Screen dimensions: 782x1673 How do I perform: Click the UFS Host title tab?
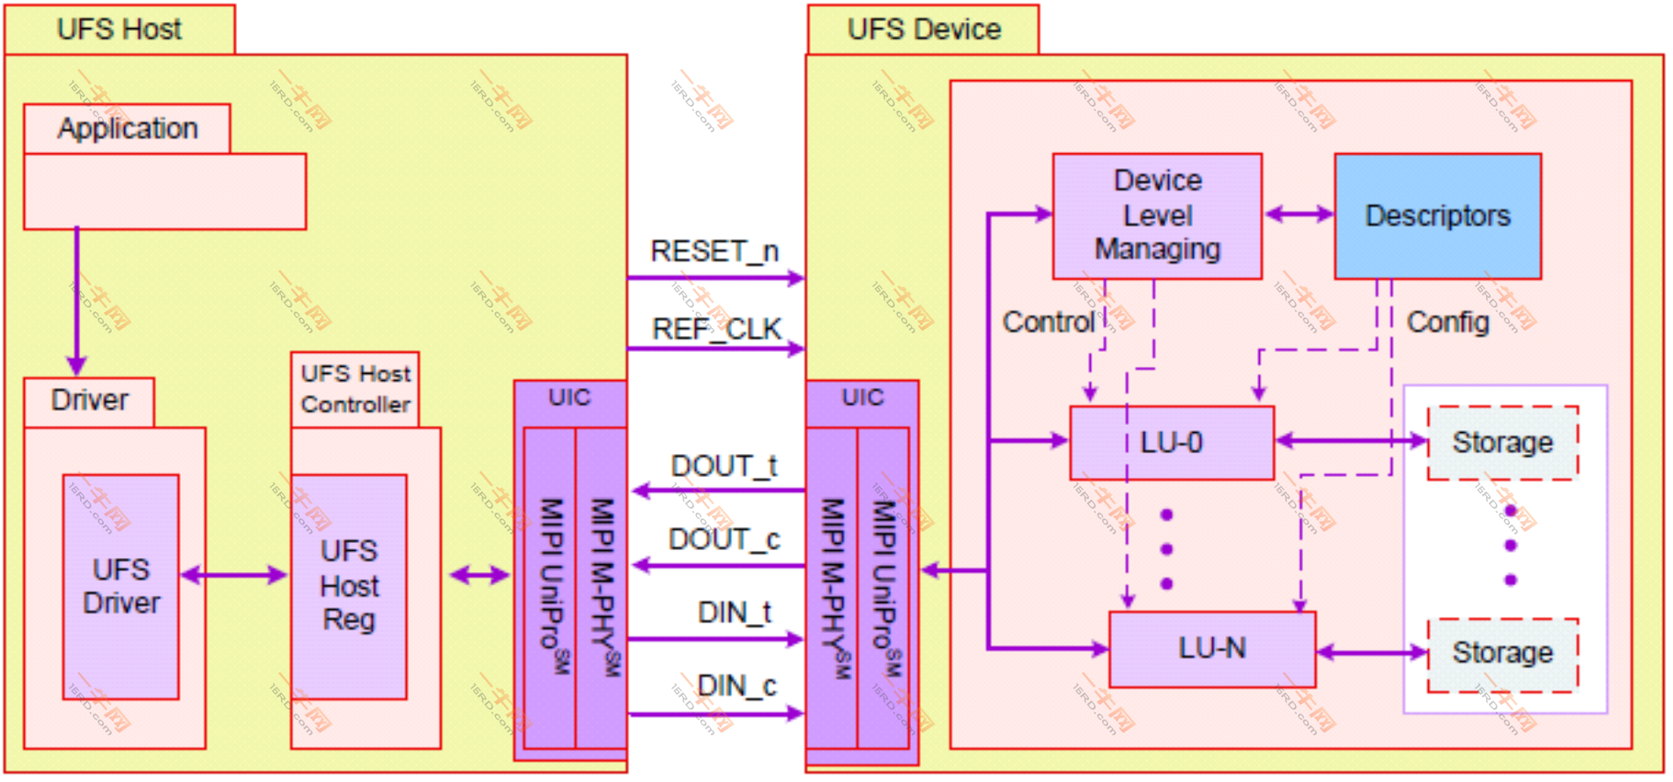point(120,29)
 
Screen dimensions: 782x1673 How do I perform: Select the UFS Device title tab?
point(923,29)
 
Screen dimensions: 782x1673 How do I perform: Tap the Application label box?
point(127,129)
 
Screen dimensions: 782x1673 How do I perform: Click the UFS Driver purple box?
point(121,586)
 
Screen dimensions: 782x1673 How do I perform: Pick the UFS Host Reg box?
point(349,586)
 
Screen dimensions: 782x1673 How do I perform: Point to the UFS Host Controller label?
point(355,389)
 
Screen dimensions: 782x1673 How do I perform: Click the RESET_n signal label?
point(714,251)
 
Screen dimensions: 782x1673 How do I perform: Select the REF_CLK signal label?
point(716,329)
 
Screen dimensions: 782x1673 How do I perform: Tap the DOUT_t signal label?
point(723,465)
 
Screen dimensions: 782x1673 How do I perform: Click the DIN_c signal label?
point(737,685)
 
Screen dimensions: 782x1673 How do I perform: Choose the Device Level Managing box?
point(1157,216)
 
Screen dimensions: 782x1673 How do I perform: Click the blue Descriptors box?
point(1437,216)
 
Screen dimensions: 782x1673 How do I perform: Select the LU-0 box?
point(1171,443)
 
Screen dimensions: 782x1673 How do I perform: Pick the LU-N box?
point(1211,649)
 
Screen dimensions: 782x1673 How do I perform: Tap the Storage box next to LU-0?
point(1502,443)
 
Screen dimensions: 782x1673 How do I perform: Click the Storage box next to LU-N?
point(1502,653)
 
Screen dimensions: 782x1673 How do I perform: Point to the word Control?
point(1048,323)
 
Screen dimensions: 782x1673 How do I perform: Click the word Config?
point(1447,323)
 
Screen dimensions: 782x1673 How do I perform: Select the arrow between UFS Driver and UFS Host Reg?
point(234,576)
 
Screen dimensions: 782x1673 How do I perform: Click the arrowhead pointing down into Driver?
point(77,365)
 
